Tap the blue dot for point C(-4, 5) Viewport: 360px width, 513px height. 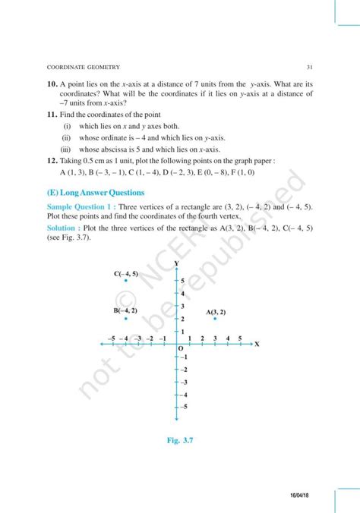click(126, 281)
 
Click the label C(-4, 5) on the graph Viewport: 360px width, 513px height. click(126, 272)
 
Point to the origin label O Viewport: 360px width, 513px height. click(181, 349)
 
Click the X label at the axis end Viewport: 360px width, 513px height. click(257, 344)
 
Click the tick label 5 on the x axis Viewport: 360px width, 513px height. click(240, 338)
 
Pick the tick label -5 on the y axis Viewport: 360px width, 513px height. click(183, 408)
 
